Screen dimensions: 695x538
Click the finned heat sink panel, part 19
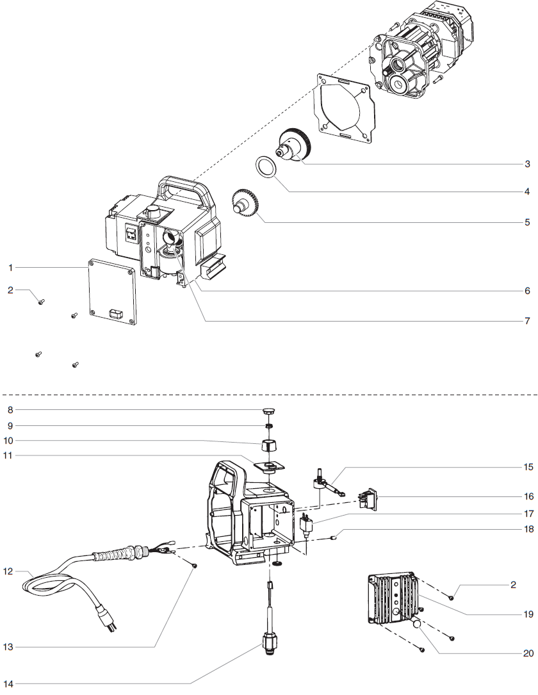(x=391, y=599)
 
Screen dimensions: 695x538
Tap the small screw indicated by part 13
(x=194, y=566)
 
